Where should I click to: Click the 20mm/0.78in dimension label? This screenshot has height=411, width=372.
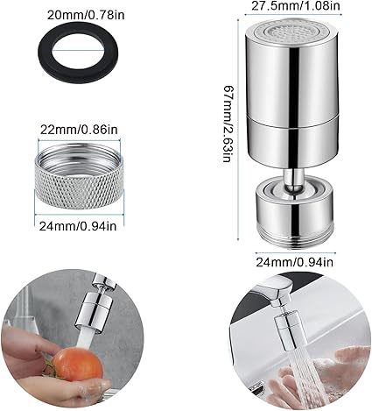click(x=86, y=15)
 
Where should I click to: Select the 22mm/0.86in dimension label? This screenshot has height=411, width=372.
click(x=79, y=129)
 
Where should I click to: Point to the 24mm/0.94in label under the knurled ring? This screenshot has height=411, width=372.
click(x=78, y=225)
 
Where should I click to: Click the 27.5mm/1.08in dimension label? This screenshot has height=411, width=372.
click(x=296, y=6)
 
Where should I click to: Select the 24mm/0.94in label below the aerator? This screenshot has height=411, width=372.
click(x=294, y=262)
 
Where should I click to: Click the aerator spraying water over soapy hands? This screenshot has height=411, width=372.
click(x=288, y=330)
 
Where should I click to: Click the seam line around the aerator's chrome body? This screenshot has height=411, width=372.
click(x=293, y=122)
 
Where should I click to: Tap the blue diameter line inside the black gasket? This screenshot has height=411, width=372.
click(x=78, y=50)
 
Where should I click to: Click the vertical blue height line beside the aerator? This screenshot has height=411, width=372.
click(x=239, y=130)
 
